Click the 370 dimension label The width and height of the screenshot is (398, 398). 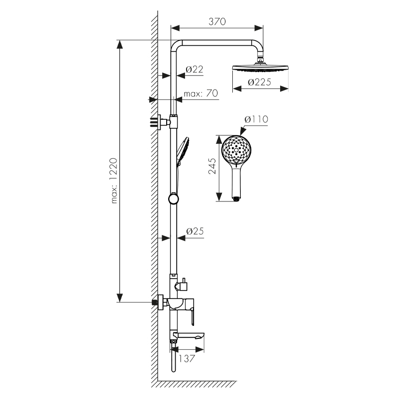[x=217, y=21]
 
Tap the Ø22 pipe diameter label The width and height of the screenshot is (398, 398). [x=195, y=70]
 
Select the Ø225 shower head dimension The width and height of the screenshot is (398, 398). [x=260, y=83]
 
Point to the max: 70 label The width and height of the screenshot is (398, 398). [x=200, y=94]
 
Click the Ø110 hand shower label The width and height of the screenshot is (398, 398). [x=256, y=120]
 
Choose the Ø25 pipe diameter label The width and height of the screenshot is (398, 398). [x=195, y=231]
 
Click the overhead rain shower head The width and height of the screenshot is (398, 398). [x=260, y=69]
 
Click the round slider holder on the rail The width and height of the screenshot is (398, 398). [x=173, y=199]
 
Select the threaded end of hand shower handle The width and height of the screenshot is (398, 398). [x=237, y=199]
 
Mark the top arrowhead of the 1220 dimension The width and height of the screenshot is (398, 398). [x=119, y=45]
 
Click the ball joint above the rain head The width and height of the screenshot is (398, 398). [x=260, y=62]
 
